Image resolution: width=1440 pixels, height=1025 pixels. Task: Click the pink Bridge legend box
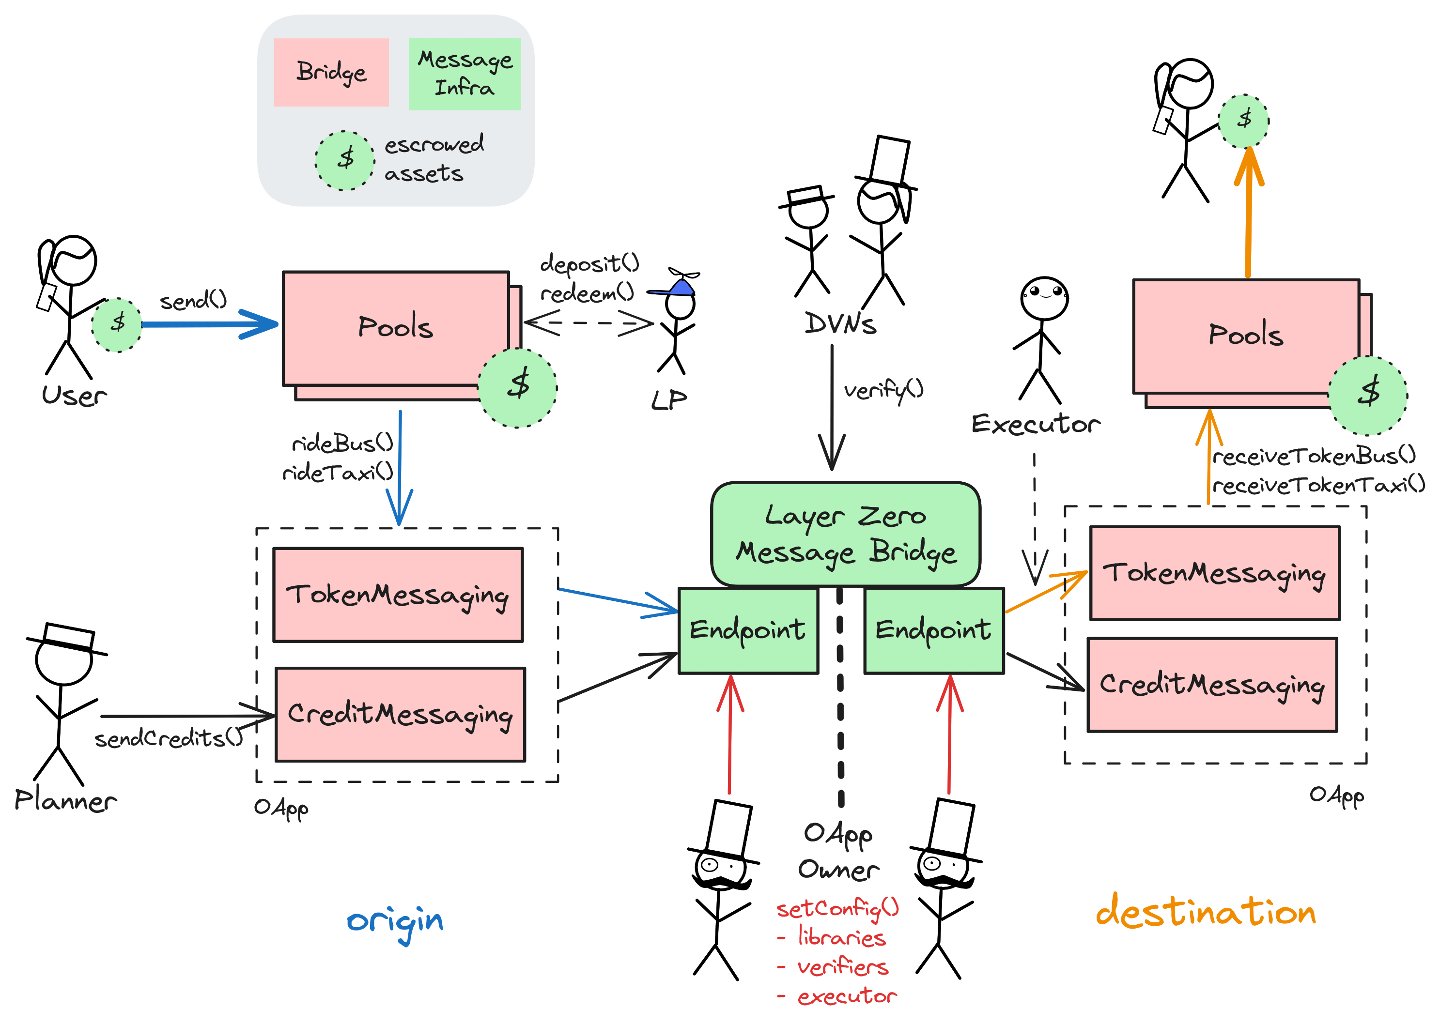[x=331, y=72]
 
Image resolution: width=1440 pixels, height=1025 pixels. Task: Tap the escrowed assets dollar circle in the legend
[x=345, y=160]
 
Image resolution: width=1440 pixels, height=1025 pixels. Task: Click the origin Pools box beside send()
[x=396, y=328]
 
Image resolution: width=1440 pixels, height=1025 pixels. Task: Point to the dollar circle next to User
[x=117, y=324]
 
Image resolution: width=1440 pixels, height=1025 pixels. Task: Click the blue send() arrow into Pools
[x=208, y=324]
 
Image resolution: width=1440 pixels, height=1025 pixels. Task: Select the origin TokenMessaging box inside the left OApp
[x=398, y=595]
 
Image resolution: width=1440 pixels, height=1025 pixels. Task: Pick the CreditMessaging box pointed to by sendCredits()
[x=400, y=714]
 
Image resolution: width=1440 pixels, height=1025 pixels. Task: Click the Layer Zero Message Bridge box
[x=845, y=534]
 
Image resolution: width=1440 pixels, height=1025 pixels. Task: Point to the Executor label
[x=1036, y=424]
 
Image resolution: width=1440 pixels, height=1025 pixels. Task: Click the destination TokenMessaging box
[x=1213, y=573]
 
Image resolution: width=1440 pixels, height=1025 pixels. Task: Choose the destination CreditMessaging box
[x=1211, y=684]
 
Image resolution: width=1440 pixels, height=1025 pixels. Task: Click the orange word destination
[x=1205, y=913]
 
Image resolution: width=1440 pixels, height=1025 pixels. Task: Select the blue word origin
[x=395, y=921]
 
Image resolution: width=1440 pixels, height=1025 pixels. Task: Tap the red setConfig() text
[x=837, y=909]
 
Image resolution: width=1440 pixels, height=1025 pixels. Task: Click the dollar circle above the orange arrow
[x=1243, y=120]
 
